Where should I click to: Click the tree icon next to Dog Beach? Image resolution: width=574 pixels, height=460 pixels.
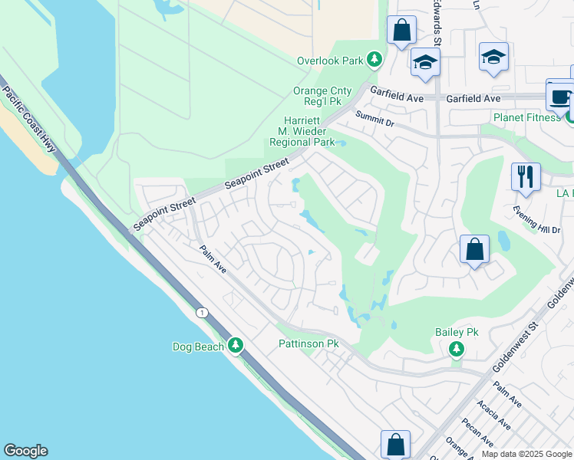tap(236, 347)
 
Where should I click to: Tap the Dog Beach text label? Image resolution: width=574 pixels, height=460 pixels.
tap(198, 347)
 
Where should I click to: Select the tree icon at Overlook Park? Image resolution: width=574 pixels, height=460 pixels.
tap(374, 60)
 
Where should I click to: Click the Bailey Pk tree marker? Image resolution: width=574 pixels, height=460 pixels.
tap(457, 350)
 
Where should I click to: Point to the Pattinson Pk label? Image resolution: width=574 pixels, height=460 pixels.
tap(308, 344)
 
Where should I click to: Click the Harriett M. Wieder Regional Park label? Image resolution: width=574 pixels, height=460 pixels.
tap(302, 131)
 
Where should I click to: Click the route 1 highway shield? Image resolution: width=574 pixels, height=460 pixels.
tap(202, 312)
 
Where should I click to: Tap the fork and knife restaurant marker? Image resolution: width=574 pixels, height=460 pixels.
tap(526, 176)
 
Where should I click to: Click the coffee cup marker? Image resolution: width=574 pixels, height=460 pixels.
tap(559, 98)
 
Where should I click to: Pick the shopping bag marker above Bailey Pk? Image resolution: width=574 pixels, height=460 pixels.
tap(474, 248)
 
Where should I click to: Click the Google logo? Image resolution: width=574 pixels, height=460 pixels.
tap(25, 451)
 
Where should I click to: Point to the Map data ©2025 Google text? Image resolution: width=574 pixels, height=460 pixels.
tap(526, 454)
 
